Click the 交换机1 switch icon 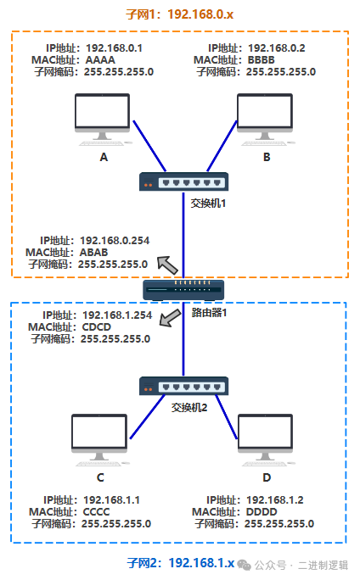183,181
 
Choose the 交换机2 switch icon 183,386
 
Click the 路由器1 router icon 183,290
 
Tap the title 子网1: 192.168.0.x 180,14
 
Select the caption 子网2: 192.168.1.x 181,563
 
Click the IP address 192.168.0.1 114,48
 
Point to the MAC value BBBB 262,60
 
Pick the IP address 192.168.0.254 115,241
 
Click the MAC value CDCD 96,327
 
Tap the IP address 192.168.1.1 111,500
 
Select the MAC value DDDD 262,512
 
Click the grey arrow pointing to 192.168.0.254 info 167,265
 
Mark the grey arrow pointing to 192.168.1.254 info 170,318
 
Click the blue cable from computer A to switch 149,146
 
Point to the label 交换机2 189,408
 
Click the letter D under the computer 267,477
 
